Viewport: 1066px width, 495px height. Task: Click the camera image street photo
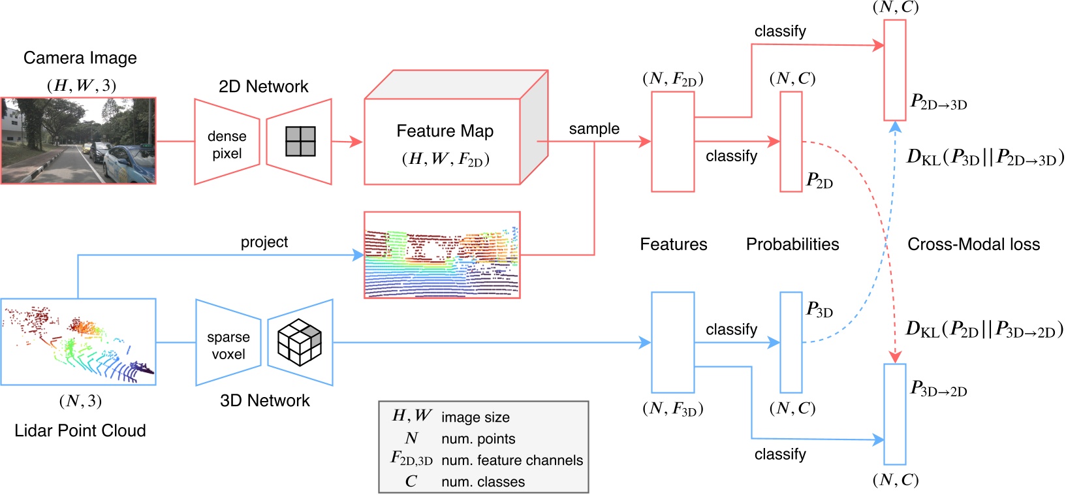78,140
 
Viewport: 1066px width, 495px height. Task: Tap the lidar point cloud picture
78,342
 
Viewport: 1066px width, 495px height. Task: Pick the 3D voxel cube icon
300,342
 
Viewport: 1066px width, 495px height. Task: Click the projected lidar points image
442,255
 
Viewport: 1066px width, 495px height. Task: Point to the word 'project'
264,242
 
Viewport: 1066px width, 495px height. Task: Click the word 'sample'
593,129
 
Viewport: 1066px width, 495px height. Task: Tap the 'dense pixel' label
227,145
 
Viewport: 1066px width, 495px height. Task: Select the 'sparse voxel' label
228,345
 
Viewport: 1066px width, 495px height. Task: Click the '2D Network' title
263,86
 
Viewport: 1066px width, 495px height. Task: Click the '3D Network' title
264,400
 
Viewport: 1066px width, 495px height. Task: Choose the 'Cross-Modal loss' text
973,244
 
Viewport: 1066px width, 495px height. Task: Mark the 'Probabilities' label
792,244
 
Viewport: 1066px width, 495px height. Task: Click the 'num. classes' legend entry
482,482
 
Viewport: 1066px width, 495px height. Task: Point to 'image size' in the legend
475,417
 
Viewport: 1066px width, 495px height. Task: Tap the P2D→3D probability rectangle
894,70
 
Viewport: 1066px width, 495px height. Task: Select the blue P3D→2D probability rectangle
894,414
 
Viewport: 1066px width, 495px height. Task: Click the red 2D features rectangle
672,141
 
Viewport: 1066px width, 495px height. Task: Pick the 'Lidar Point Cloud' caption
80,430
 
